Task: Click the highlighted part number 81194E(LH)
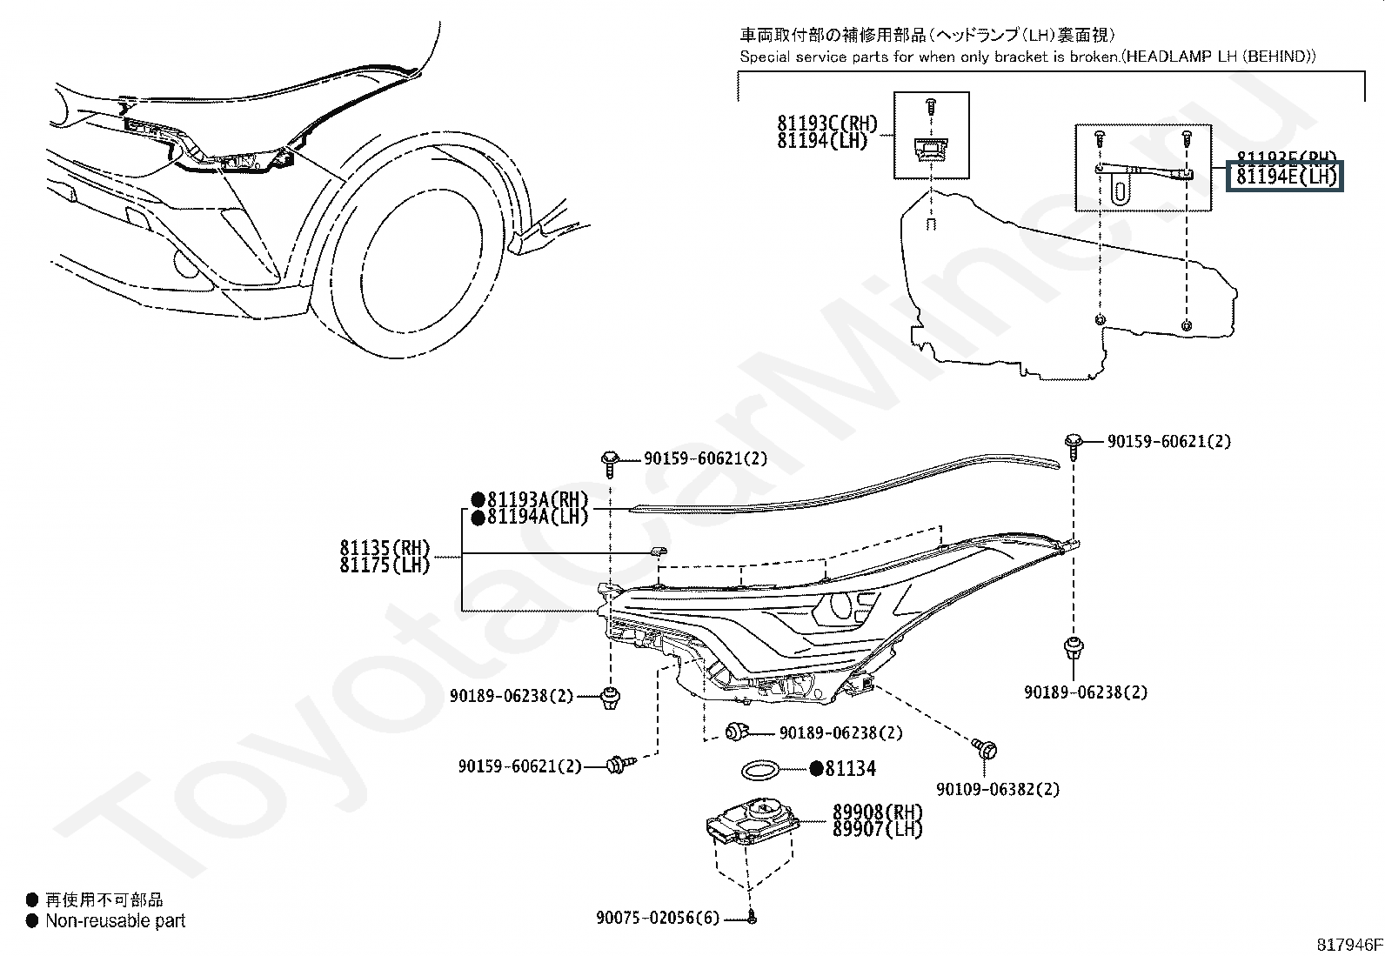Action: tap(1285, 177)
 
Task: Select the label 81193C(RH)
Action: tap(827, 124)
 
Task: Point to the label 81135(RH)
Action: tap(385, 548)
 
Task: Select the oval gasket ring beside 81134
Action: tap(759, 770)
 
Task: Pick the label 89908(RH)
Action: tap(877, 812)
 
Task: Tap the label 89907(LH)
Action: tap(877, 829)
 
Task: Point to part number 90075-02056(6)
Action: tap(658, 919)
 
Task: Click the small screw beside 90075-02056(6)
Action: tap(752, 917)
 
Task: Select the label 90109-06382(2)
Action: tap(998, 790)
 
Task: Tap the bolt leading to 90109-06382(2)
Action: tap(987, 748)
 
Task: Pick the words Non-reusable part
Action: tap(115, 920)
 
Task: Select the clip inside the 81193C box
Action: tap(931, 150)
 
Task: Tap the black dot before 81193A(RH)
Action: tap(478, 499)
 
